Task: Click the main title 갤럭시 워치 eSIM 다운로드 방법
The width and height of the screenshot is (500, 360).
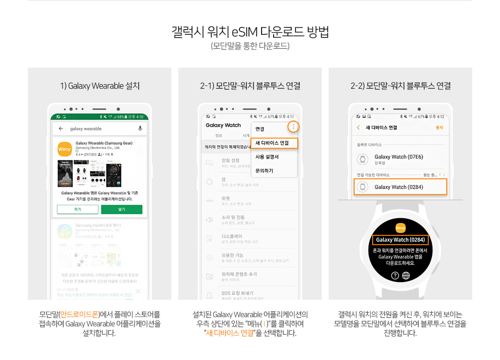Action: pos(250,32)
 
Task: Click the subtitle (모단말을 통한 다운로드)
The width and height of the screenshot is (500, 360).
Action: pos(250,46)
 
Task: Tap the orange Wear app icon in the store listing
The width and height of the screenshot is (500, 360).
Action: pos(64,149)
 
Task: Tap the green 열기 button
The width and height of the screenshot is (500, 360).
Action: pos(122,209)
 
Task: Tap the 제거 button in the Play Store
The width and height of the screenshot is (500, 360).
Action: pos(77,209)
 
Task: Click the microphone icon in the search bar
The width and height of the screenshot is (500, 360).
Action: pos(140,128)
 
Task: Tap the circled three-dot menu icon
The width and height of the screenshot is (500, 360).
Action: pos(293,126)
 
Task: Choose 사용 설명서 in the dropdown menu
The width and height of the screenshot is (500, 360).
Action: pos(267,157)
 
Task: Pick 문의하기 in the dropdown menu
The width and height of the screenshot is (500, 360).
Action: pos(264,171)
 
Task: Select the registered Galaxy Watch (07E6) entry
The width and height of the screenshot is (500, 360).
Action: pos(399,159)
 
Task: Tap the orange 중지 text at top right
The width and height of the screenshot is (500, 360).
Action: pos(439,127)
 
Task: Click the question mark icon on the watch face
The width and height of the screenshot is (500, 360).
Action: pos(395,276)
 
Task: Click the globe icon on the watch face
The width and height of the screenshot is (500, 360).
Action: pos(406,276)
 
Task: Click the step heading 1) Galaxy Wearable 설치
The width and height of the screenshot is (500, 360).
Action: pos(100,86)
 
